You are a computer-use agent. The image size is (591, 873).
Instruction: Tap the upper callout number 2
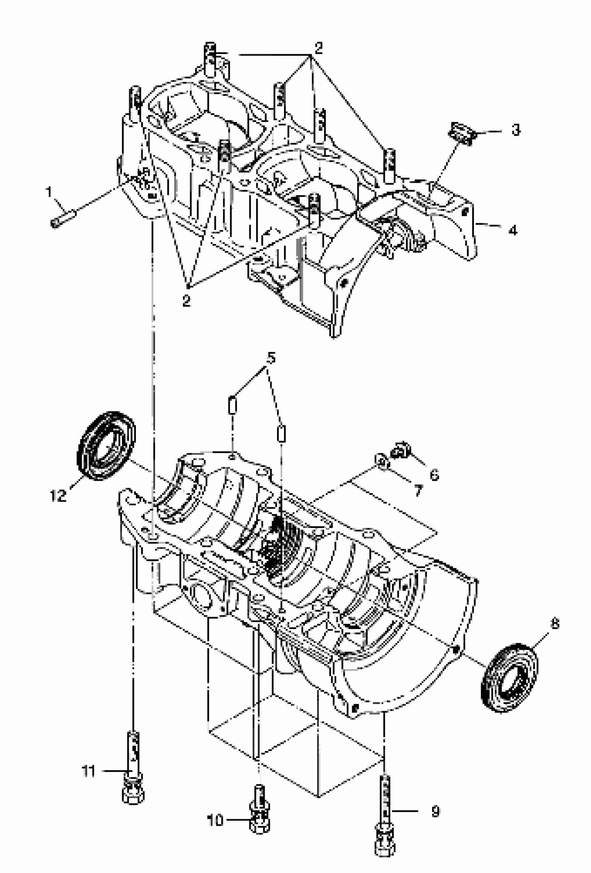point(318,48)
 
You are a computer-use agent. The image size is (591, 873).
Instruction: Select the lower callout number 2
point(186,301)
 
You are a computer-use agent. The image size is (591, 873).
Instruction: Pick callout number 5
point(270,358)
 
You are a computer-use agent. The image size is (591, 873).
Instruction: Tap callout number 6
point(434,475)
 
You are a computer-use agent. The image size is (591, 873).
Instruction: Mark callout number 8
point(555,624)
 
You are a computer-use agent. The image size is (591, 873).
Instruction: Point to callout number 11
point(89,771)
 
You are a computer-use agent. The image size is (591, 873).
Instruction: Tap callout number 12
point(58,496)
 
